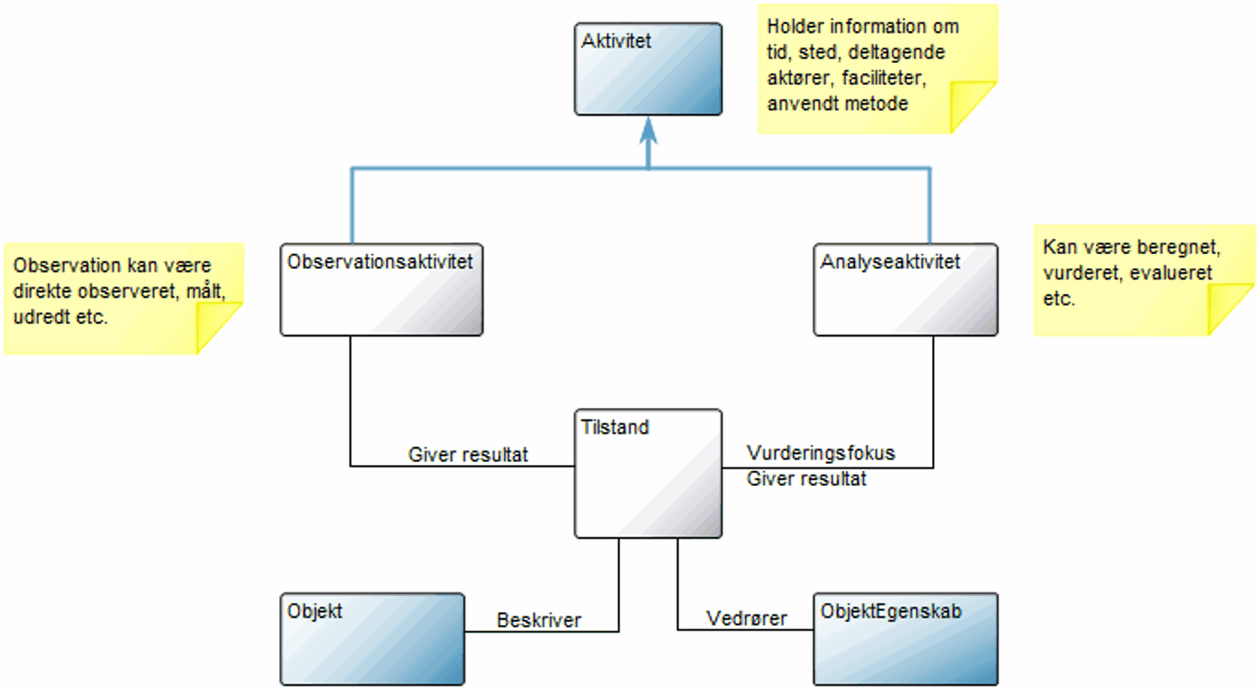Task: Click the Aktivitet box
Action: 648,69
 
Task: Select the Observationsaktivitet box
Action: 382,289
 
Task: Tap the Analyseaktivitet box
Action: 905,289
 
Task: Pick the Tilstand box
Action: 648,474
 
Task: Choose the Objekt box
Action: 372,638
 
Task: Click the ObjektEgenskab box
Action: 905,638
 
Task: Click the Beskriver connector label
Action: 539,620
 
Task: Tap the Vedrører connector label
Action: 746,618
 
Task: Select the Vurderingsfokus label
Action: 820,453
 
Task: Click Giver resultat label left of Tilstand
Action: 468,455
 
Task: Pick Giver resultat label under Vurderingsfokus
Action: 806,479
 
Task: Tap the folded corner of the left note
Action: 218,328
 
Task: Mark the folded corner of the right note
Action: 1231,309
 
